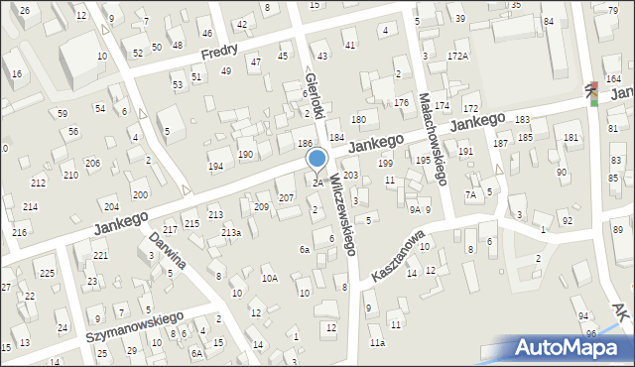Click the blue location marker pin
coord(317,159)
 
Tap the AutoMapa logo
coord(572,347)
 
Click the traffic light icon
coord(593,92)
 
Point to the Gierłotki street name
coord(317,96)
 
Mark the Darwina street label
coord(168,253)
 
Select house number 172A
coord(457,57)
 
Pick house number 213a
coord(231,232)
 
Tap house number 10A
coord(269,279)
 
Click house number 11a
coord(377,343)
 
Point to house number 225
coord(47,273)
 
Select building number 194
coord(215,166)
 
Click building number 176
coord(401,103)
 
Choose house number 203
coord(350,175)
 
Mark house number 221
coord(100,256)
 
